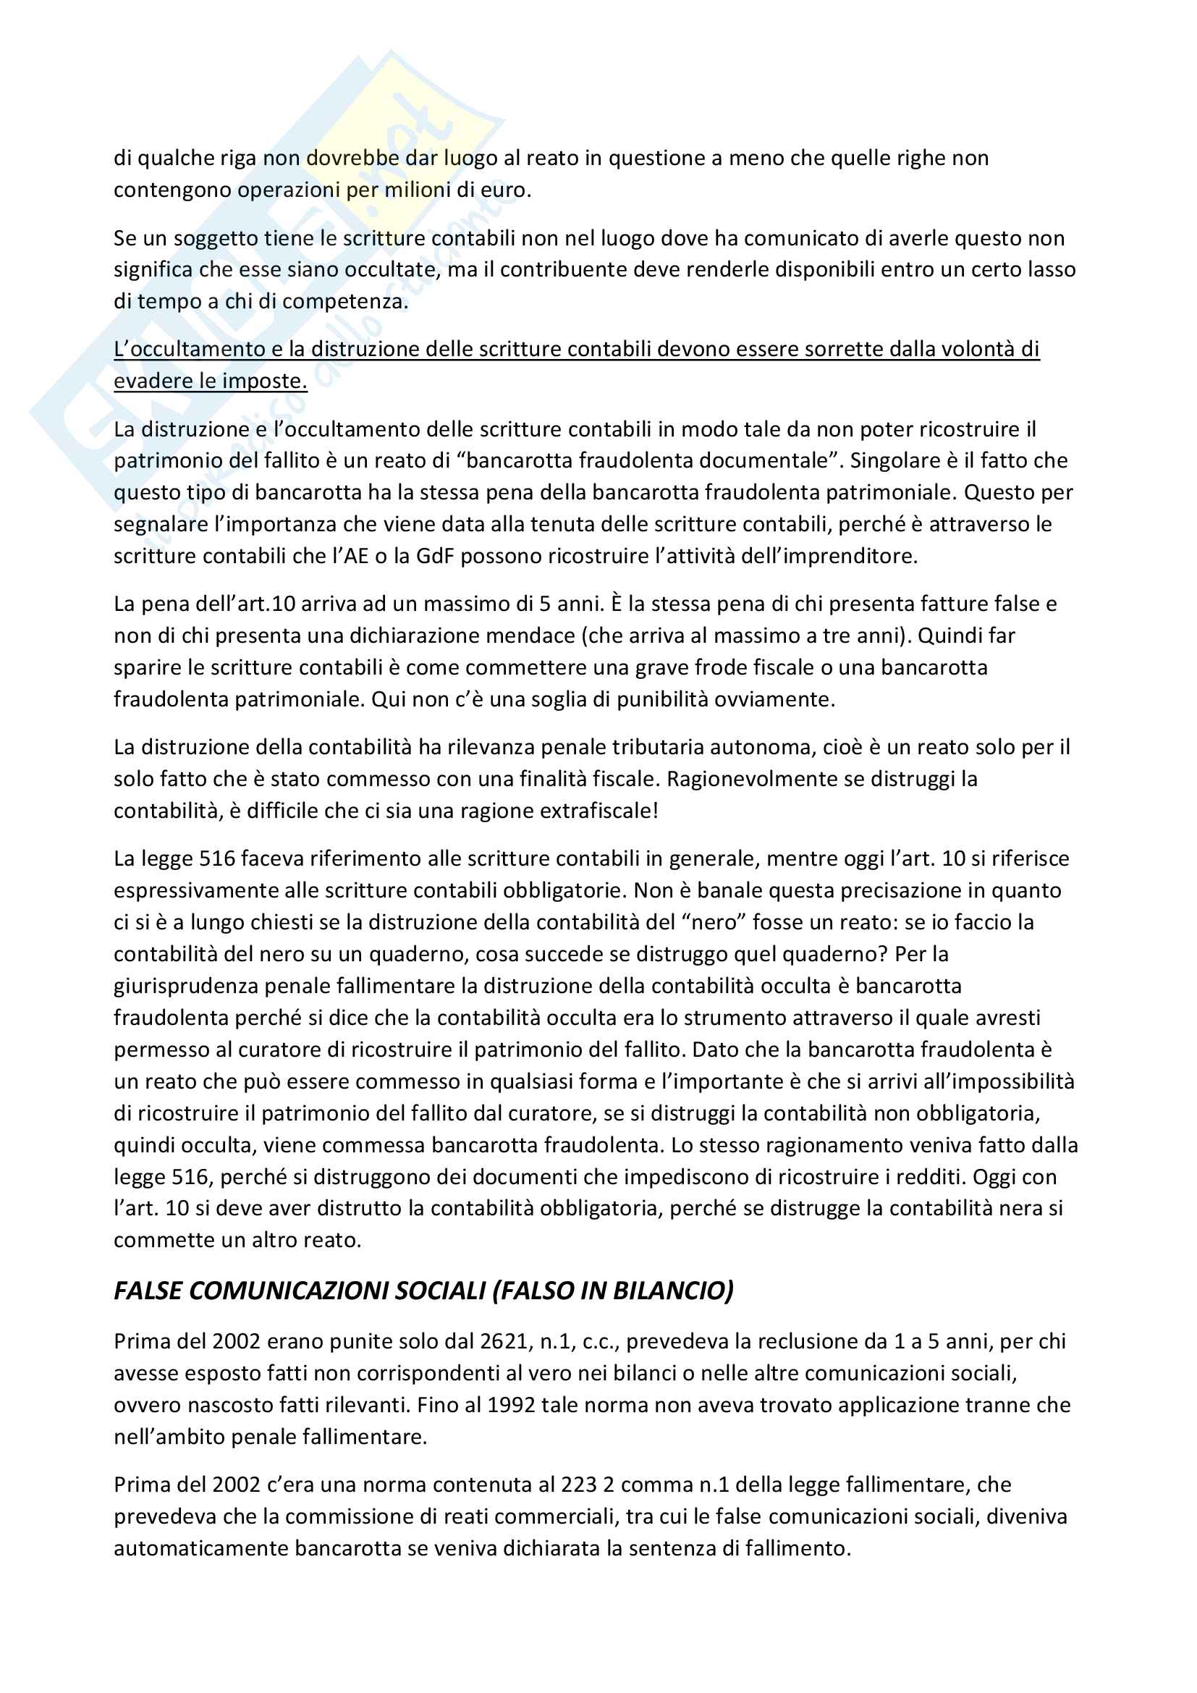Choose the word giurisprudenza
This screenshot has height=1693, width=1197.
185,985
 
